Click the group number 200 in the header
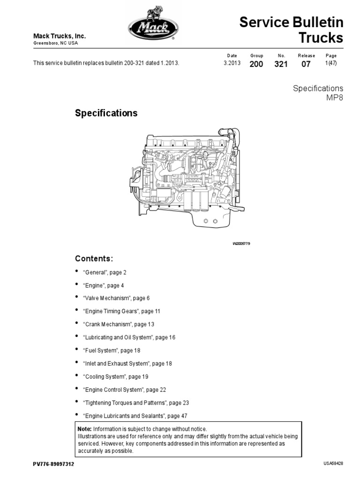256,64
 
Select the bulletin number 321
281,64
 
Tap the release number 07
306,64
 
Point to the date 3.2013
232,64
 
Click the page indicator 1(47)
331,64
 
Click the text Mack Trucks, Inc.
59,36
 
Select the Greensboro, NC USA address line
55,43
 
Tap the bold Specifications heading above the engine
106,113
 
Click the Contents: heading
94,259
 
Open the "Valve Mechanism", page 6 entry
116,298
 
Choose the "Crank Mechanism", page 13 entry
119,324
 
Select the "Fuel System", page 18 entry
112,350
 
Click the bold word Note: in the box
85,429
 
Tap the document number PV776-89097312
53,464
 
